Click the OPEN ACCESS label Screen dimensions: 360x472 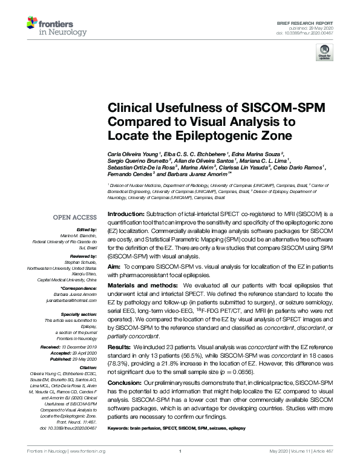click(x=75, y=217)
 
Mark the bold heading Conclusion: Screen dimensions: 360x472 click(x=125, y=384)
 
